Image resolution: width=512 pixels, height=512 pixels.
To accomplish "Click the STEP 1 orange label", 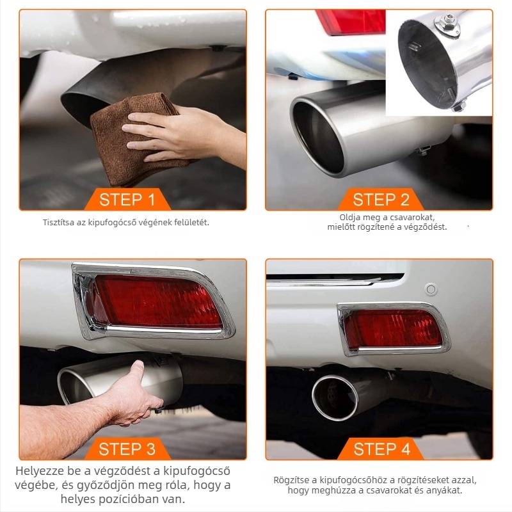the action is (x=127, y=199).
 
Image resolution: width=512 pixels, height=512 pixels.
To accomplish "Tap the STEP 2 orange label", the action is (x=381, y=199).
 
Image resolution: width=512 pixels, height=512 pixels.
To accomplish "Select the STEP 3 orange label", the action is (x=127, y=449).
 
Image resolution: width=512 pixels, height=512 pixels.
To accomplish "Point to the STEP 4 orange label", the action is (x=381, y=449).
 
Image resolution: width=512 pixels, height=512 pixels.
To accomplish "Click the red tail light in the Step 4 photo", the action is (x=394, y=329).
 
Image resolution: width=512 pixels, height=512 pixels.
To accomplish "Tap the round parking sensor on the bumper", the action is (x=431, y=289).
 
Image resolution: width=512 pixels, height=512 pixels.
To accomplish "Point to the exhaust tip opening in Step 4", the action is (x=335, y=397).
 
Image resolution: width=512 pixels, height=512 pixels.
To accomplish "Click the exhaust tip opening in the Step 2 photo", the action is (x=317, y=137).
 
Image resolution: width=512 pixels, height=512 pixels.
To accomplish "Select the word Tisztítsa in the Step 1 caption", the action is (x=58, y=222).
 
